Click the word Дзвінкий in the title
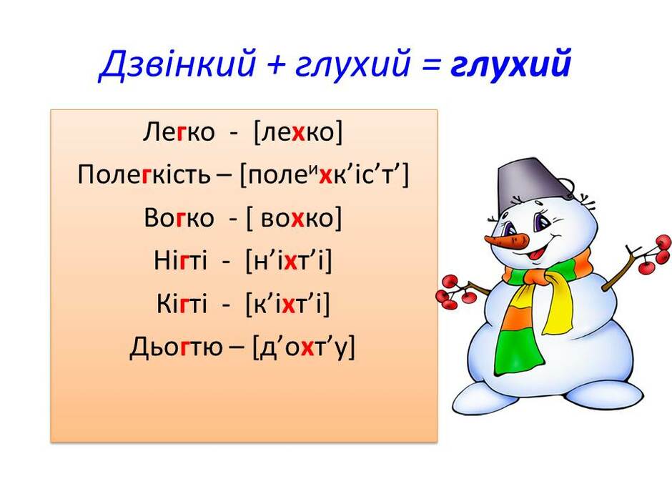tap(177, 64)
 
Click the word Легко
tap(179, 132)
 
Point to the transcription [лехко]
tap(298, 132)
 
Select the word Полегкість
tap(144, 174)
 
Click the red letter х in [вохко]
tap(298, 219)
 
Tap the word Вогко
tap(179, 218)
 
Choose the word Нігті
tap(180, 260)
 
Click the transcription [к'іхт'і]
tap(288, 304)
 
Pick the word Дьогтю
tap(176, 347)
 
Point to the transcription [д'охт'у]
tap(304, 347)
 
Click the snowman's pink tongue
tap(535, 255)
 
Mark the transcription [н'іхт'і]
tap(289, 261)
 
